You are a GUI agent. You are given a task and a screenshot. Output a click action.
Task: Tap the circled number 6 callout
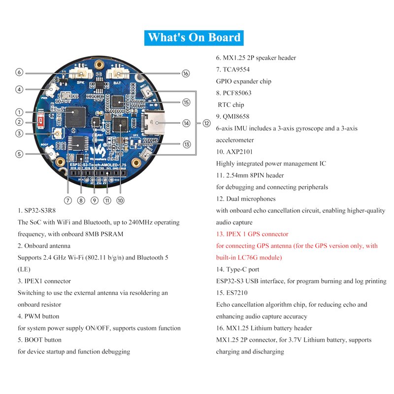coord(19,72)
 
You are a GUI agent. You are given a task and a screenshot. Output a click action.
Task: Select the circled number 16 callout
coord(185,73)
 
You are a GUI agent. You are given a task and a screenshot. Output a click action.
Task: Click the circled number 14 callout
coord(186,123)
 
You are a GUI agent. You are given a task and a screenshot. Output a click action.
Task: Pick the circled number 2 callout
coord(19,122)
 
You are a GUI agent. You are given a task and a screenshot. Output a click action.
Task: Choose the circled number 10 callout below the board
coord(120,200)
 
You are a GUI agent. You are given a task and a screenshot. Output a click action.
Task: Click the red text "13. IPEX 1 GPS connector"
coord(252,234)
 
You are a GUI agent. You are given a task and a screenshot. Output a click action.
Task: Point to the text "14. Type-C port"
coord(237,269)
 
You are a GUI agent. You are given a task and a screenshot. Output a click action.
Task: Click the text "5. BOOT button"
coord(39,340)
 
